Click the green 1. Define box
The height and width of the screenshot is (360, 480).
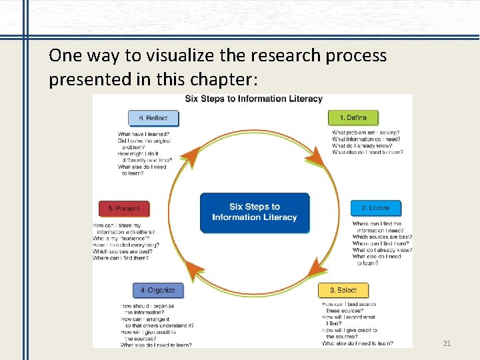(353, 118)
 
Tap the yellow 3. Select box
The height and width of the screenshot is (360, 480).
(343, 291)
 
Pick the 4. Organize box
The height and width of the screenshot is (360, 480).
(158, 291)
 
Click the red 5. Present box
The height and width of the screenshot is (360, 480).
(124, 209)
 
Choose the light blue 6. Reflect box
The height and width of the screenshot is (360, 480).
(153, 118)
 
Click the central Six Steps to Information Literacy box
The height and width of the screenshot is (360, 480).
(255, 213)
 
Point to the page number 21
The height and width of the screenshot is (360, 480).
(447, 343)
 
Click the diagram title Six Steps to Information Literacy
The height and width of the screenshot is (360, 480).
(253, 99)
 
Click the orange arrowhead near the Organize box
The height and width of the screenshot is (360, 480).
(194, 270)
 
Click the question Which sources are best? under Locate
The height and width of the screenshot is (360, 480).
(382, 237)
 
